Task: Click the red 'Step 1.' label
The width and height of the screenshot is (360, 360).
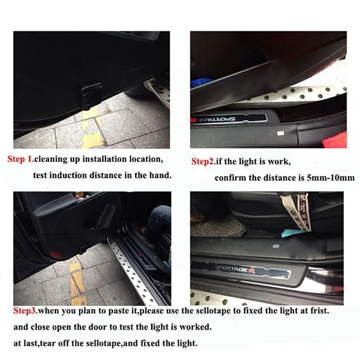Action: click(21, 159)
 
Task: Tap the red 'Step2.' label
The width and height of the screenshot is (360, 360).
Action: click(203, 162)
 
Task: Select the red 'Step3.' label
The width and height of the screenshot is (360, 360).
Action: click(26, 310)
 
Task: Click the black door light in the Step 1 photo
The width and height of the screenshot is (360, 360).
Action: click(92, 95)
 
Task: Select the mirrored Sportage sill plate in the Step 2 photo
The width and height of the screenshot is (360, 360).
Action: click(229, 119)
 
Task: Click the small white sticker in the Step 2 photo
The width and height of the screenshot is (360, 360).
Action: click(280, 133)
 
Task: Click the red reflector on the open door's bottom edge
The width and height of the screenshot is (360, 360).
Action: click(55, 254)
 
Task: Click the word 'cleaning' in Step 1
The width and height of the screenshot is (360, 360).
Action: click(51, 159)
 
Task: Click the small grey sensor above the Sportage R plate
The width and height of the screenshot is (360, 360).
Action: click(276, 246)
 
